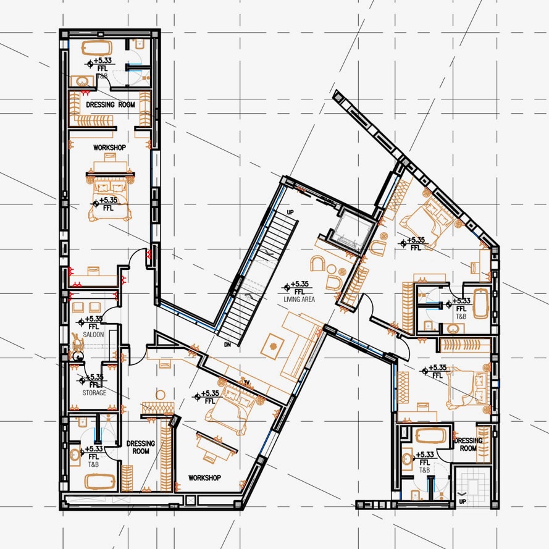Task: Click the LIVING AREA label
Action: (299, 300)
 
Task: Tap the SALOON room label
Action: (93, 335)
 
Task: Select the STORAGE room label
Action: (94, 393)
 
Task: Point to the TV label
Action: (246, 383)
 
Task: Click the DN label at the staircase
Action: (228, 345)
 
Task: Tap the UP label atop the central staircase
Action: (290, 212)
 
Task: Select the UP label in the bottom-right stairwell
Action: (463, 501)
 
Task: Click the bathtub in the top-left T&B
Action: (97, 48)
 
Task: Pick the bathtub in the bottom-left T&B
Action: (100, 482)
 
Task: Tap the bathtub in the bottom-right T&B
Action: (430, 436)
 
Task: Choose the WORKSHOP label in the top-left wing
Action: (109, 148)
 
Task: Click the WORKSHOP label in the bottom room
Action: (204, 478)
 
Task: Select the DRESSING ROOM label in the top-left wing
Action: (111, 104)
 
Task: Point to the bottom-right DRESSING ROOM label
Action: (468, 444)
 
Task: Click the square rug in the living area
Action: (274, 346)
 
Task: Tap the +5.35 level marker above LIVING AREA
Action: (300, 283)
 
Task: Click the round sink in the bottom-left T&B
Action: (75, 455)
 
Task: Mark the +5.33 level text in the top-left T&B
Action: (103, 61)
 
